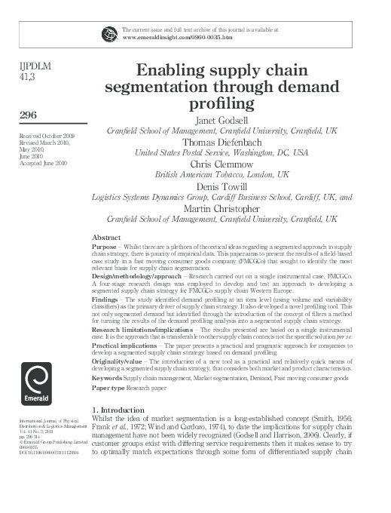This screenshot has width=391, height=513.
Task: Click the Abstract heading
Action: click(106, 236)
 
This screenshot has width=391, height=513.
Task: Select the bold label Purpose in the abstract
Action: click(105, 247)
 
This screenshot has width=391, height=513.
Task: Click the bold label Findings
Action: click(106, 298)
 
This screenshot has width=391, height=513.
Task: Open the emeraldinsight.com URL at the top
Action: click(177, 37)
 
